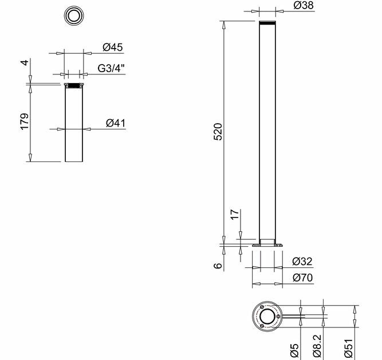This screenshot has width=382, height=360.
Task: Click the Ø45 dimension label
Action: (113, 48)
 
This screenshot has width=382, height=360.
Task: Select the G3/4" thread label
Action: (111, 68)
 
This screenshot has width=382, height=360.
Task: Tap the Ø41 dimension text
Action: (116, 123)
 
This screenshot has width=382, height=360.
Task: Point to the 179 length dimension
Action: (25, 121)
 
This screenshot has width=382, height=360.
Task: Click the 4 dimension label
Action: (25, 62)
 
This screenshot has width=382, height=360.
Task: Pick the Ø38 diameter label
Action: (304, 5)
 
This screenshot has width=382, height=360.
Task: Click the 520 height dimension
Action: (218, 132)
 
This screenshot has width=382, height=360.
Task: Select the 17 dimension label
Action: (235, 214)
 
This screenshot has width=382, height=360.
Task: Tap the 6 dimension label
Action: (218, 266)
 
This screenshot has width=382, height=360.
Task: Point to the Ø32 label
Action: (302, 262)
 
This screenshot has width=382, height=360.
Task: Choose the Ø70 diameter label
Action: (302, 278)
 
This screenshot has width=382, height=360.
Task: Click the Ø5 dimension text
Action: (294, 350)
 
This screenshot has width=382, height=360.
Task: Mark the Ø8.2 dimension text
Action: (317, 346)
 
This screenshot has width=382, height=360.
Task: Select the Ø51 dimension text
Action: (349, 347)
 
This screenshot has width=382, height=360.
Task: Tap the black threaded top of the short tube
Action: (74, 86)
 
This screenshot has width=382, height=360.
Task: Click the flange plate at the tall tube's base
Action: (267, 246)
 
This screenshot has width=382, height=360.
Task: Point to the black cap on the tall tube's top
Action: (267, 23)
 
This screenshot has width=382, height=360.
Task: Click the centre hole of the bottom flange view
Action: (267, 317)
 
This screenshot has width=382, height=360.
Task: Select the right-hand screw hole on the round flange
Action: (278, 317)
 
